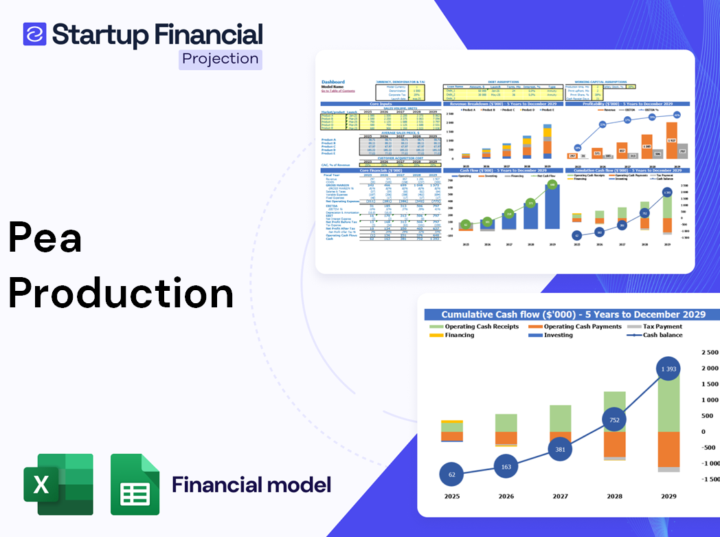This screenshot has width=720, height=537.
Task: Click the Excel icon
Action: [x=58, y=484]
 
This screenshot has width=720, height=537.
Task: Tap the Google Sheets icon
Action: [x=135, y=484]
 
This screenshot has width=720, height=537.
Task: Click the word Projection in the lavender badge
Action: [x=221, y=59]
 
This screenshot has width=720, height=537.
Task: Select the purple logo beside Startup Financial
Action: [x=34, y=34]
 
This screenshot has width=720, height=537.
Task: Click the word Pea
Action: [x=45, y=239]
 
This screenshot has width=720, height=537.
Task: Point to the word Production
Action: [x=121, y=292]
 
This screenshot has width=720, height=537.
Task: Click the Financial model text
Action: [x=251, y=485]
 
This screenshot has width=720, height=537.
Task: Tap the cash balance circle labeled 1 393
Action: [x=668, y=369]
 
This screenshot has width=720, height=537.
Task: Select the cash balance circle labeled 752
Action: [x=615, y=420]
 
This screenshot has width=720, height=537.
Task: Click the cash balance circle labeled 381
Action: [x=561, y=449]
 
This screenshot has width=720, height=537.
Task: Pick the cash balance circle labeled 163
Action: [x=506, y=466]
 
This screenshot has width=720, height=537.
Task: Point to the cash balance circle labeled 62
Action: [x=451, y=474]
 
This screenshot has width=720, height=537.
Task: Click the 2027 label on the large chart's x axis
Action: [x=560, y=496]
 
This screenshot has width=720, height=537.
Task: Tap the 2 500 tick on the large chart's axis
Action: [x=710, y=352]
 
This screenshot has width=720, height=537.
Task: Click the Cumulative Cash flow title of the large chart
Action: [x=573, y=314]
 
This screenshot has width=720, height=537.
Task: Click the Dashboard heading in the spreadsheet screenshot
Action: [x=333, y=82]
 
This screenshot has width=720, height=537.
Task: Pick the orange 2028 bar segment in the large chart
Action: [x=615, y=443]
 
